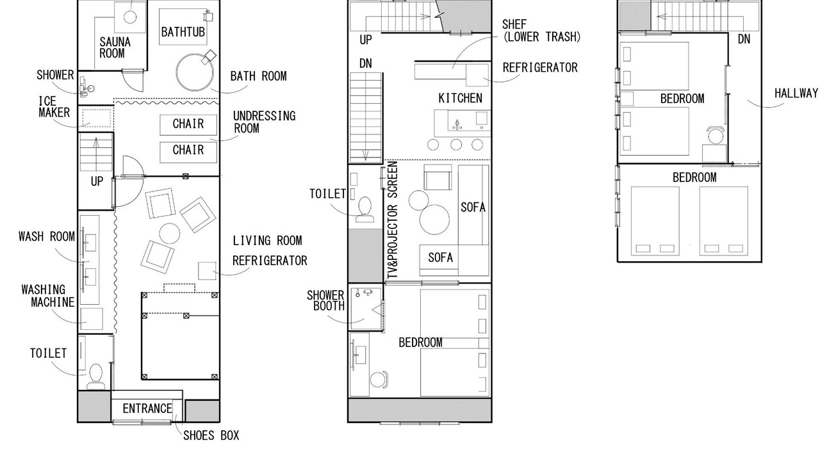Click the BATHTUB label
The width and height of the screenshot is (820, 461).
point(183,32)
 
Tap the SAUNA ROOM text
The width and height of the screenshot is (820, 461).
point(115,47)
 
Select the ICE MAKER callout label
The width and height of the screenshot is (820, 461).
point(54,107)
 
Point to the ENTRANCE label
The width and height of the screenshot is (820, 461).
point(147,408)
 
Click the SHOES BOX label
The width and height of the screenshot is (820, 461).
point(211,435)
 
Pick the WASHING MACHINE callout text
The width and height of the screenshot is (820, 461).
point(48,296)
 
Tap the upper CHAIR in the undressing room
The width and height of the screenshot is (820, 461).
point(188,125)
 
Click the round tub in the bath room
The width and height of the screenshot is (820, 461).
point(195,72)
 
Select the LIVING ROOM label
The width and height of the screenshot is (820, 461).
point(268,241)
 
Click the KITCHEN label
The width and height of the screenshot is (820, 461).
point(461,98)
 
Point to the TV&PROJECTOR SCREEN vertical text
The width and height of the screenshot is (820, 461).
point(392,220)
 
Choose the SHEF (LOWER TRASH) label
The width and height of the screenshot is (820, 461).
point(541,31)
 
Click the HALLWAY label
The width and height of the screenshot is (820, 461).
point(796,93)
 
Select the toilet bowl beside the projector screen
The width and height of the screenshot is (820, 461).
point(365,211)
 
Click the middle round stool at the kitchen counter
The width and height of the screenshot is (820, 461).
point(456,145)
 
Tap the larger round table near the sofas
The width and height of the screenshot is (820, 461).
point(434,220)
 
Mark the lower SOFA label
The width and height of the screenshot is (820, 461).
point(440,257)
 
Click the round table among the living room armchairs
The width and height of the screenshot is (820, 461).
point(170,234)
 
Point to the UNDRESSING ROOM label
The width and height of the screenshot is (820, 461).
point(265,122)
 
